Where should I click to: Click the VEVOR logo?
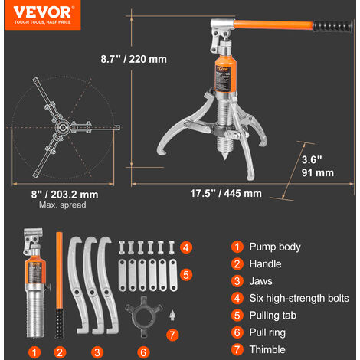point(42,15)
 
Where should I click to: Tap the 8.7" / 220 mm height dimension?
point(134,59)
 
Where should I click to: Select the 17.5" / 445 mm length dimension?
point(226,194)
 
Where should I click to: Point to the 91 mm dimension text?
point(318,173)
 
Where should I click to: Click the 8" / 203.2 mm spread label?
point(64,195)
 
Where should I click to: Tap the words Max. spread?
point(63,205)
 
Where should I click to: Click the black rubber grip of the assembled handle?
point(332,26)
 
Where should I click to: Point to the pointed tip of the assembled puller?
point(224,158)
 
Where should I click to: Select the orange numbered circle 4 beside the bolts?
point(186,247)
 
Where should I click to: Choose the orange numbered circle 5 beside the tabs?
point(186,275)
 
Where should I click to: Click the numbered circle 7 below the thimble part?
point(172,335)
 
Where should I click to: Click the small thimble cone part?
point(172,315)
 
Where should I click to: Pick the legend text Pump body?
point(275,247)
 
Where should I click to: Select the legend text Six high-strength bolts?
point(299,298)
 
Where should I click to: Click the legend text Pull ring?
point(267,332)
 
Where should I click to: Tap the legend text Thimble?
point(267,349)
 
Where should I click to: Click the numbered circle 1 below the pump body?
point(34,352)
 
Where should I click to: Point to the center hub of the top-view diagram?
point(62,127)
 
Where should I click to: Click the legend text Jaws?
point(260,281)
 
